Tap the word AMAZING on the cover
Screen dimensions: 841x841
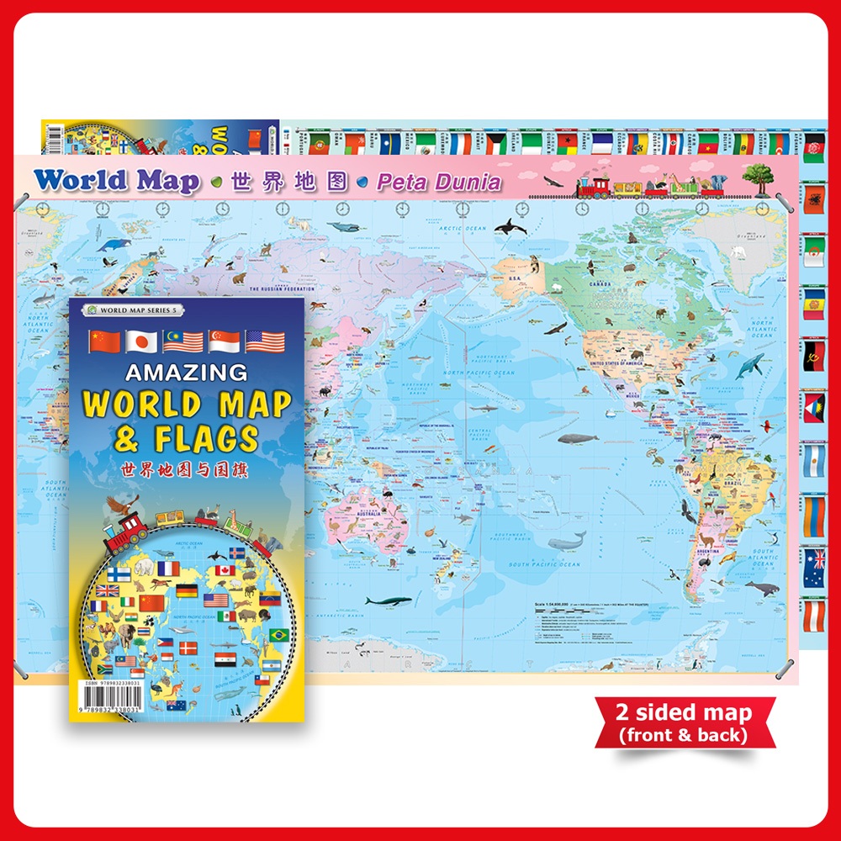pos(188,372)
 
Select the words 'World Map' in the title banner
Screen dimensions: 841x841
pos(117,180)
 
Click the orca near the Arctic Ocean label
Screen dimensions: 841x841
pos(510,226)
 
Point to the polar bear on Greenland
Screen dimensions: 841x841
pos(738,250)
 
